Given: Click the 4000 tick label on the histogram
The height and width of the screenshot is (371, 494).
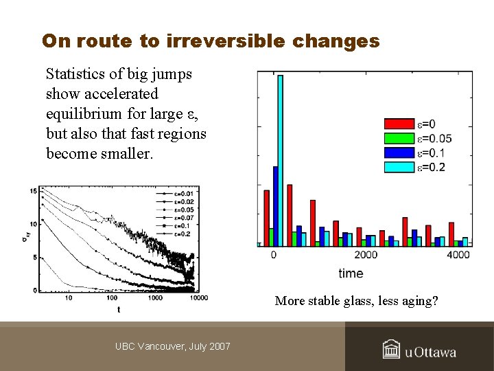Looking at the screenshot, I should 458,255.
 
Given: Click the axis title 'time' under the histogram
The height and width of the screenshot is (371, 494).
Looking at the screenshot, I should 351,273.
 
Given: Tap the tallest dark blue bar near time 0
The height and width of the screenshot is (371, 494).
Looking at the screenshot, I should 275,205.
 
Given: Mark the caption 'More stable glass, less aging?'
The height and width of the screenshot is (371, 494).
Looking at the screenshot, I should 356,301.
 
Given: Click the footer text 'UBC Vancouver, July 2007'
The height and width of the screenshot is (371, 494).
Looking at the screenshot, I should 173,346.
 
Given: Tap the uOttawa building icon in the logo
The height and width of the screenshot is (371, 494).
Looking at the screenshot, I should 391,350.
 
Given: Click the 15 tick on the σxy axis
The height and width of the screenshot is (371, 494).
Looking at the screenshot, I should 34,190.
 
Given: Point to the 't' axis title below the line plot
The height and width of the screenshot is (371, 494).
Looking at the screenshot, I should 119,310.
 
